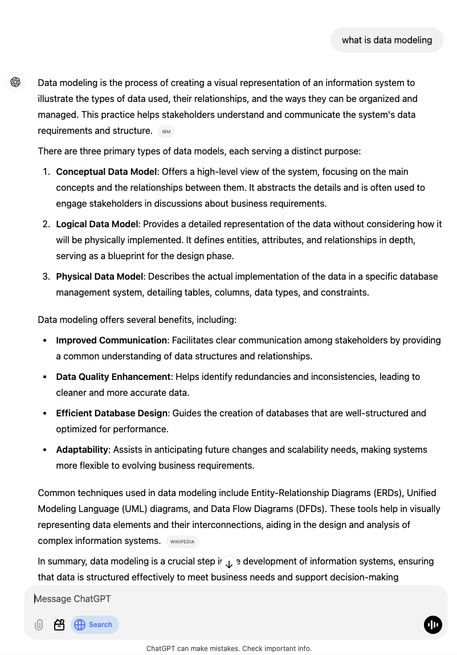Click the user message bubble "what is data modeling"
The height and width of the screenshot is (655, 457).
pos(387,40)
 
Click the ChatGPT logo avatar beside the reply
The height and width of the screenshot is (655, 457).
pos(15,82)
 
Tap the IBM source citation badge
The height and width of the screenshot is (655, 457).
pos(166,132)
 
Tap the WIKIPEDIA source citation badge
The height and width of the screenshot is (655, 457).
pos(182,542)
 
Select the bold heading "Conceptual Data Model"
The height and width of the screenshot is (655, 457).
pos(107,171)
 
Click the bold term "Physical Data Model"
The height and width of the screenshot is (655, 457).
pos(99,276)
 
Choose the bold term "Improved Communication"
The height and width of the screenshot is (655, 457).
pos(111,340)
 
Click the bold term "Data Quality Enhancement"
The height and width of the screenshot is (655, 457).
pos(113,376)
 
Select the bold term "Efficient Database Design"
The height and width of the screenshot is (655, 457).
pos(112,413)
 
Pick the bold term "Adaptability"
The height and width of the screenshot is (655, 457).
pos(82,449)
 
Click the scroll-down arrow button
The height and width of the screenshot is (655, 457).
pos(228,564)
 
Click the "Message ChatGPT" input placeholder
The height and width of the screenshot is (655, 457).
pos(73,599)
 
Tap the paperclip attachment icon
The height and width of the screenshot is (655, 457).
pos(39,625)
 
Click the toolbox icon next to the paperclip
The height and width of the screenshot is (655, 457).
pos(59,625)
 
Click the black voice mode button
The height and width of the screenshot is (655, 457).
pos(433,625)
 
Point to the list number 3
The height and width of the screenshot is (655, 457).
pos(46,276)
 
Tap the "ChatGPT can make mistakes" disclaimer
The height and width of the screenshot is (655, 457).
pos(228,648)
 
